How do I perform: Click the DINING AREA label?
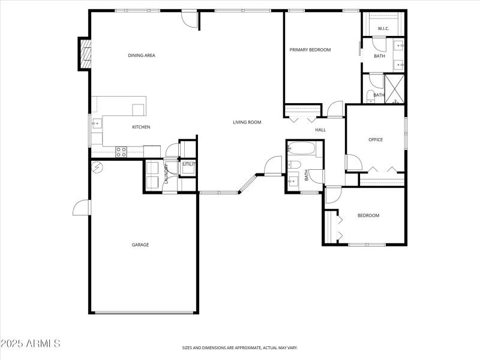pos(142,56)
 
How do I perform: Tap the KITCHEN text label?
pos(141,127)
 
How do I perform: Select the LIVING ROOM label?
pos(247,122)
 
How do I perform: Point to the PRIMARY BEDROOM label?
pos(310,50)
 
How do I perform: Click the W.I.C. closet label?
pos(383,29)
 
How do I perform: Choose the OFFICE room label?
pos(376,140)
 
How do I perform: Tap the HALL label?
pos(320,130)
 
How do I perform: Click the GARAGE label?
pos(140,245)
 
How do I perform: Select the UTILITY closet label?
pos(188,164)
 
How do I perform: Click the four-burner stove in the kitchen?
pos(121,152)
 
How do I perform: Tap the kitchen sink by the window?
pos(96,124)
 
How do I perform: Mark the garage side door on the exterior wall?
pos(81,208)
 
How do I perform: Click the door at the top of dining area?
pos(191,19)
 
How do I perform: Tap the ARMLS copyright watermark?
pos(31,344)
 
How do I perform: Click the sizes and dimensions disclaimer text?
pos(240,347)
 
